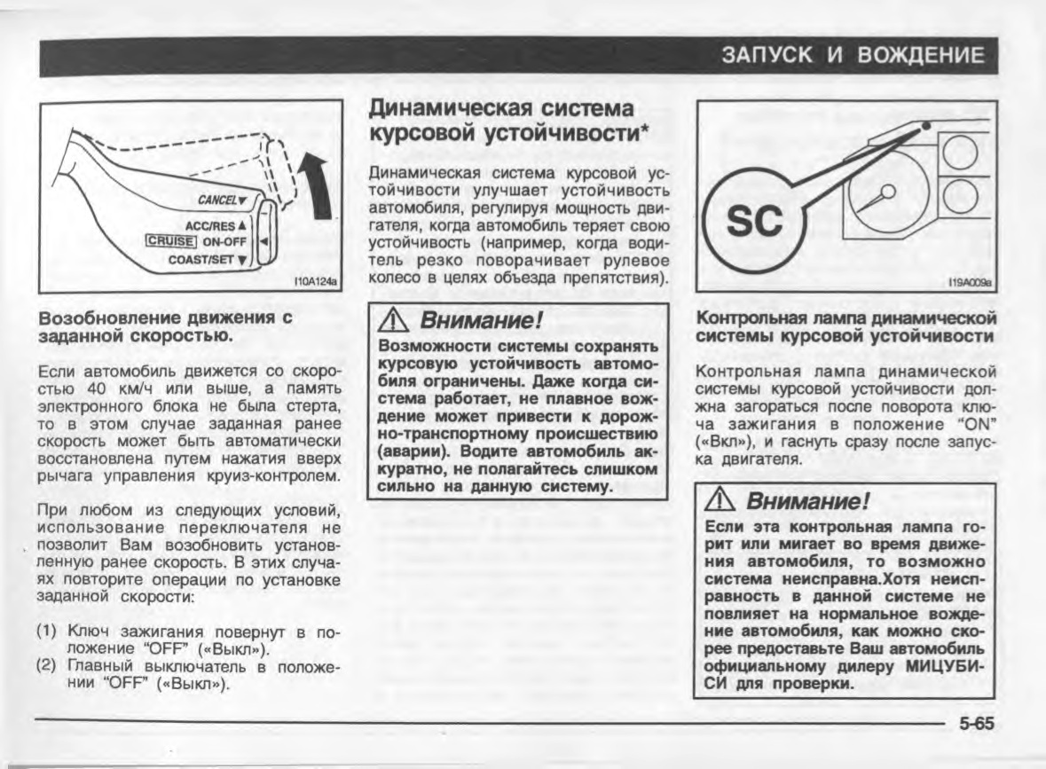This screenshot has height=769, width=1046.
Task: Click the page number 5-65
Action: click(x=976, y=724)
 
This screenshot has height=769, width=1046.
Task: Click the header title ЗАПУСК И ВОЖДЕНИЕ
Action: click(x=854, y=56)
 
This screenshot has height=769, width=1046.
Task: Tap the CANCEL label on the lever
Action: click(x=222, y=200)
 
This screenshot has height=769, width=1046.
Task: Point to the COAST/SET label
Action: click(x=210, y=260)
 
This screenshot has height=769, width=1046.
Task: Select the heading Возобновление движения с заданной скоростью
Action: click(x=166, y=326)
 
